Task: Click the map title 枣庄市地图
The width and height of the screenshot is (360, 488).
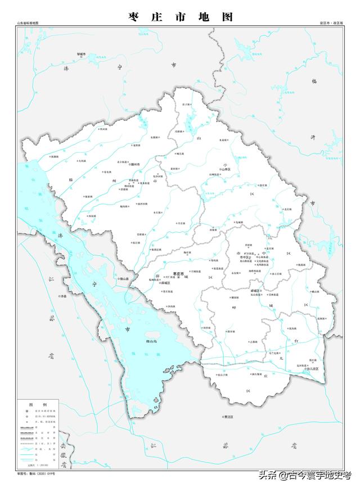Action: tap(180, 17)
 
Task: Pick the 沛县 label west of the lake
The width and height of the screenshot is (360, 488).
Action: tap(62, 296)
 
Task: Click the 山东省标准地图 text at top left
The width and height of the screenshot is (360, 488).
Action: tap(28, 23)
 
